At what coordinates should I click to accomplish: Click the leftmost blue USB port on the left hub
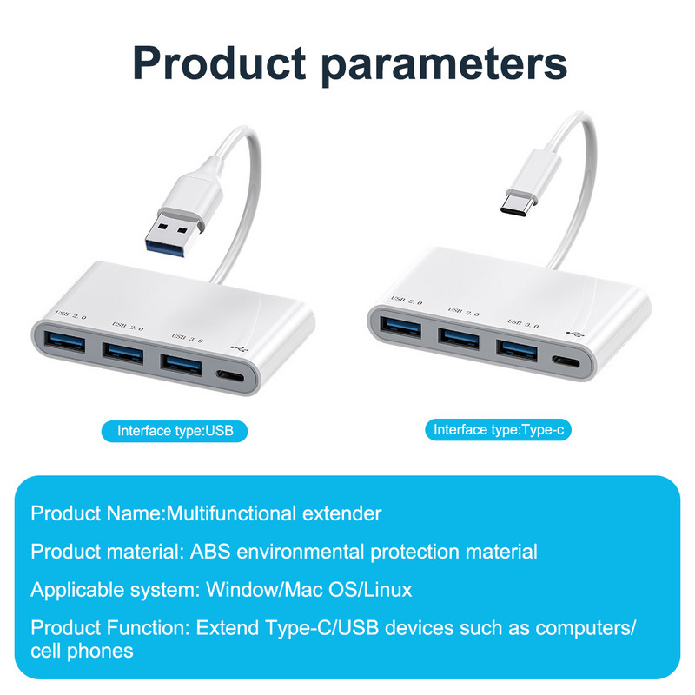point(63,339)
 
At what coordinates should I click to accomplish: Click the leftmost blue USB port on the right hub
point(400,328)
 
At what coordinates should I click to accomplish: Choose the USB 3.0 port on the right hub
point(519,347)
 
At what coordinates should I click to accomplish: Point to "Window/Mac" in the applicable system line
point(248,590)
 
